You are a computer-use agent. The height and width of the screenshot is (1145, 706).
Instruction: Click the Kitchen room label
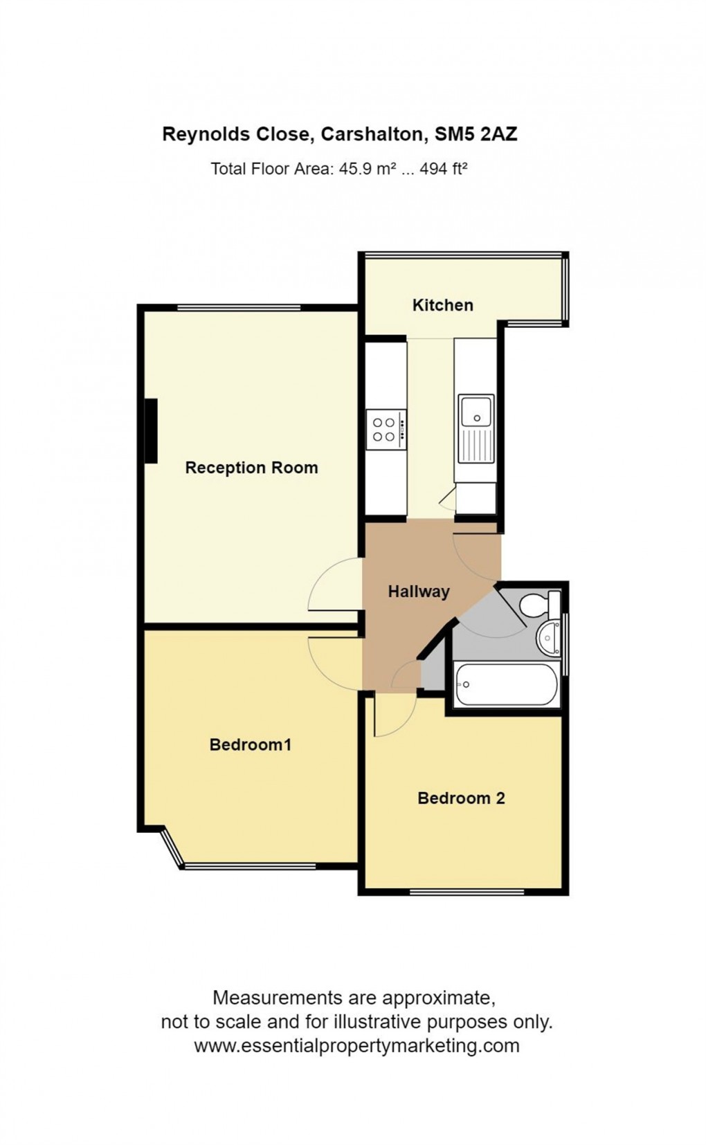click(x=442, y=305)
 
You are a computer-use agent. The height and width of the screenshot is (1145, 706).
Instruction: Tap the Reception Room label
click(x=251, y=468)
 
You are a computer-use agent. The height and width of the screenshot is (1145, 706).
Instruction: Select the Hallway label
click(x=418, y=592)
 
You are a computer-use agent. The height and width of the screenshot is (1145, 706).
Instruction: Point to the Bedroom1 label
click(x=250, y=744)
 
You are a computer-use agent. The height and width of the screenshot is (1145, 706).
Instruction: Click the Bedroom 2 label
click(x=461, y=798)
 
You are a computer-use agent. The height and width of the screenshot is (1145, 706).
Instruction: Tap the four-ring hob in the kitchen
click(x=384, y=429)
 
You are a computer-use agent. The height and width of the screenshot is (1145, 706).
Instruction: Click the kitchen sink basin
click(x=476, y=411)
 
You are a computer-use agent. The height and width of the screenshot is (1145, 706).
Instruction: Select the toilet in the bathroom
click(x=537, y=604)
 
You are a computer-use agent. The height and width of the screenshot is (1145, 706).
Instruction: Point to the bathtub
click(x=507, y=685)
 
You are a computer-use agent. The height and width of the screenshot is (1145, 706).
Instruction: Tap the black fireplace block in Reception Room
click(x=150, y=430)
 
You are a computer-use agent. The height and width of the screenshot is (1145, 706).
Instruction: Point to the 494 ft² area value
click(x=444, y=169)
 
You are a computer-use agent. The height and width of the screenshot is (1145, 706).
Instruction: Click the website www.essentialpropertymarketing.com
click(x=356, y=1045)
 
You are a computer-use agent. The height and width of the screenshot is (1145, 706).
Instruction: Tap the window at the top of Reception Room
click(x=239, y=308)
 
